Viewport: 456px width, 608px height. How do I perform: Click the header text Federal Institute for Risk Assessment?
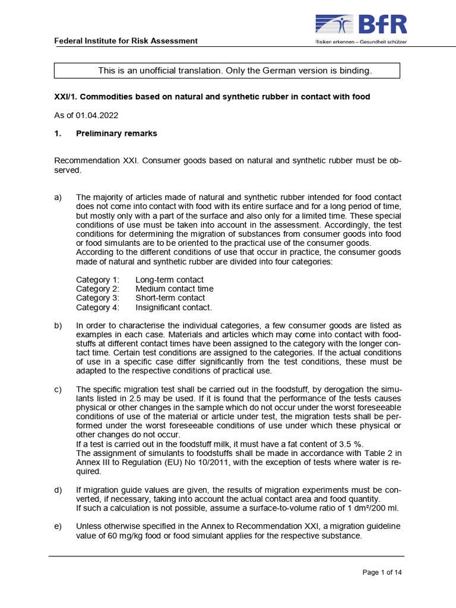click(126, 40)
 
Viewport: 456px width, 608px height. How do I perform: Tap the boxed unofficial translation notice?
click(227, 71)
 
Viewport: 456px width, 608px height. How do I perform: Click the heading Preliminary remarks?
click(116, 134)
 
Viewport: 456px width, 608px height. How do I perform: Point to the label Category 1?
click(97, 279)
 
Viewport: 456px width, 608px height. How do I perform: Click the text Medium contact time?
click(174, 289)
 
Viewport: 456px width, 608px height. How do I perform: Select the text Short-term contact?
click(170, 297)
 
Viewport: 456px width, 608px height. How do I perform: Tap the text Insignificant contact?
click(173, 307)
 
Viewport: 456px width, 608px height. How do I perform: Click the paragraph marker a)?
click(59, 197)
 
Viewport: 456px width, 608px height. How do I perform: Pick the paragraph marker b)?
click(59, 325)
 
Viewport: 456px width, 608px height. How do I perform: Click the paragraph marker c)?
click(59, 389)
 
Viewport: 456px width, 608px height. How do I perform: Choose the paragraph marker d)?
click(59, 490)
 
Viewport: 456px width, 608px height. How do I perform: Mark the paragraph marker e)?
click(59, 527)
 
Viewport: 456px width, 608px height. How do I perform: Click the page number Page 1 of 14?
click(382, 572)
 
